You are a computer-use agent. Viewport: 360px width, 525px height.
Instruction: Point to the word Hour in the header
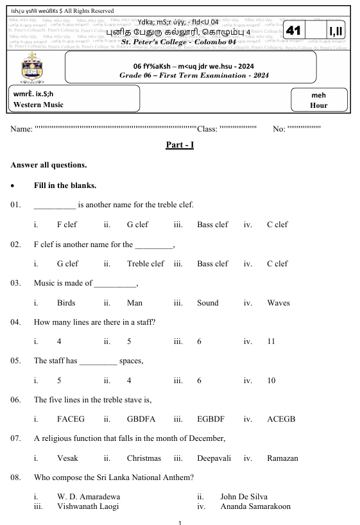[318, 105]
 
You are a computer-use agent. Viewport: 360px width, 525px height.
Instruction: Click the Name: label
[22, 129]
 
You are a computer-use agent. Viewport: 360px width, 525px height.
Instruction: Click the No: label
[279, 129]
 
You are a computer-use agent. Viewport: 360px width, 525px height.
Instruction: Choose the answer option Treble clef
[146, 264]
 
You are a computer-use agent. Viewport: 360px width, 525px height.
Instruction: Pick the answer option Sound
[208, 303]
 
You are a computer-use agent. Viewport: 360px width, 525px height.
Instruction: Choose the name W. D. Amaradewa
[89, 497]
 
